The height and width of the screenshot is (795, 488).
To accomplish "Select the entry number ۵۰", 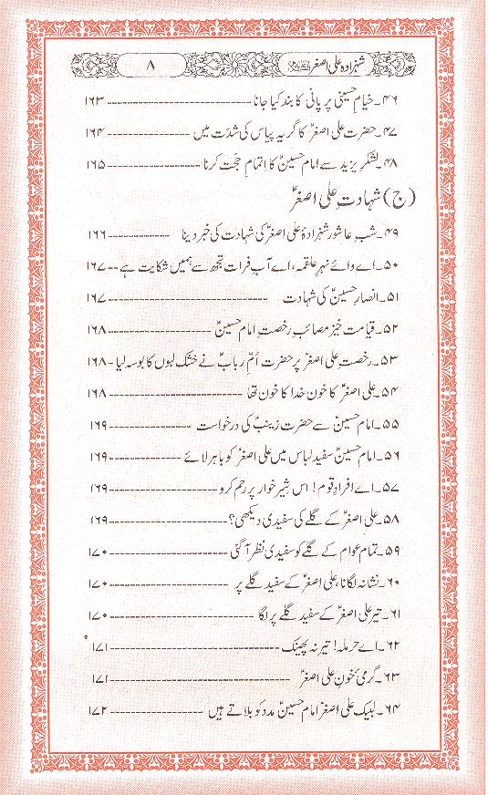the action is click(400, 266).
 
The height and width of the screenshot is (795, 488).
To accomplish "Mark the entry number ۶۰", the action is click(400, 583).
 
